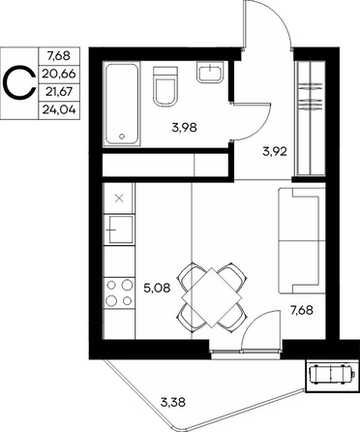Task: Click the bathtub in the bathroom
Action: [122, 105]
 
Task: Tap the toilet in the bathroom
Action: [165, 86]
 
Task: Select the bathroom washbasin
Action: [210, 73]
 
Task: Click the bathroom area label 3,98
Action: [184, 128]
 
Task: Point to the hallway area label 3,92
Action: [275, 151]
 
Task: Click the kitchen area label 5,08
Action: [157, 287]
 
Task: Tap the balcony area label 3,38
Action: [173, 402]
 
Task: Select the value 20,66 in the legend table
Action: [59, 74]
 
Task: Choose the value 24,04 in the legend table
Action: [59, 110]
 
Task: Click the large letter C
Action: [19, 83]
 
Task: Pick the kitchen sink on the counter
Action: [118, 230]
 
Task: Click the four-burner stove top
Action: [119, 293]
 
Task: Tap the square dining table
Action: [212, 297]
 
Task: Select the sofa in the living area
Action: [302, 241]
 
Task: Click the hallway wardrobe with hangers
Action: [311, 118]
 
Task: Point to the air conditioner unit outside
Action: [332, 375]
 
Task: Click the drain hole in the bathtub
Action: [122, 136]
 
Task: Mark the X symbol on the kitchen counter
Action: [119, 199]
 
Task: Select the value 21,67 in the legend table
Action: [59, 92]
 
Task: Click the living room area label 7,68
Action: [302, 311]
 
